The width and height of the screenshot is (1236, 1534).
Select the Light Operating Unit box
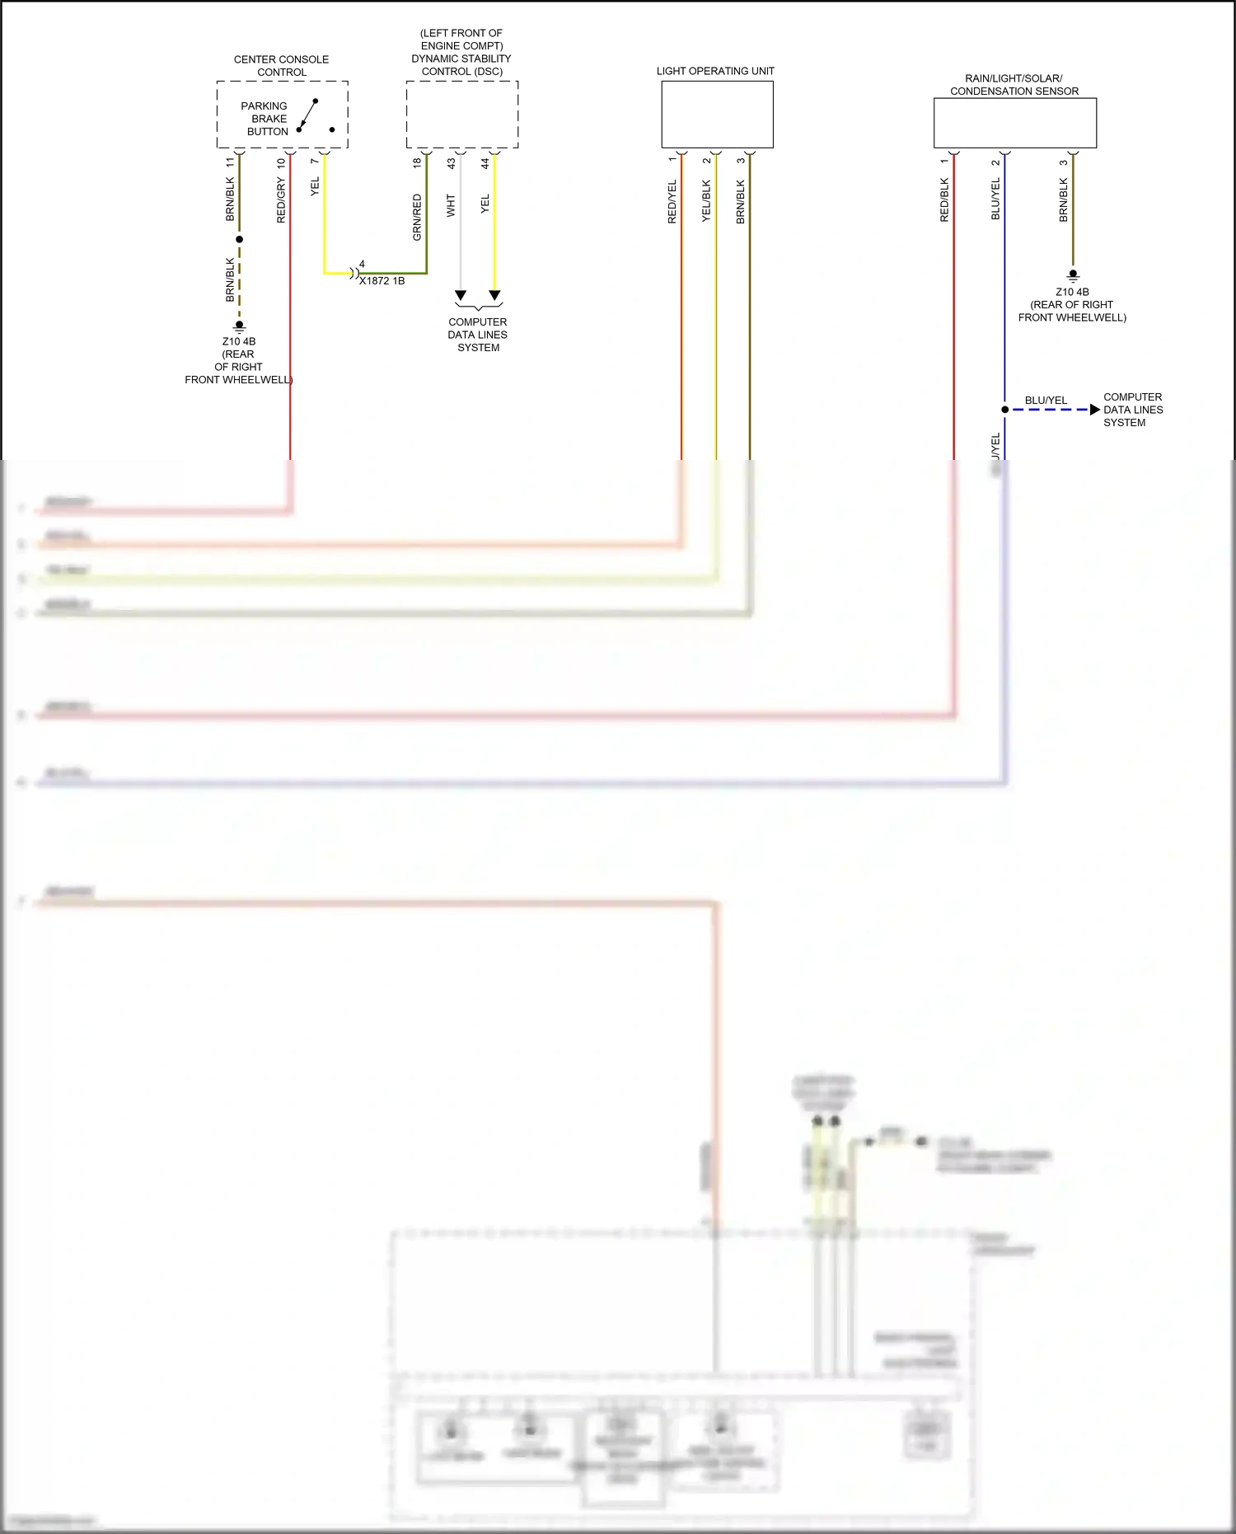[717, 114]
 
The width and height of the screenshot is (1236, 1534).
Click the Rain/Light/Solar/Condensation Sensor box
[1014, 123]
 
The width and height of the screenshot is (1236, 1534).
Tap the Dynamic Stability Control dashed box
[461, 114]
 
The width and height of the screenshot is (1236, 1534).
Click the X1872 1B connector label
[382, 281]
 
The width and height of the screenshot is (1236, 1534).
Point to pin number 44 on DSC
[485, 163]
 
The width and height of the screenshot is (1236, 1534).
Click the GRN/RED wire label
[417, 218]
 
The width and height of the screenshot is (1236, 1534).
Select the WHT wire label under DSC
[451, 205]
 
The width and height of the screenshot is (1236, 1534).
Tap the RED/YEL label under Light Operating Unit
[672, 202]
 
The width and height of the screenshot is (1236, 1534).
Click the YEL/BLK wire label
[706, 201]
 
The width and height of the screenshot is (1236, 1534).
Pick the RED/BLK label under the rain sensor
[944, 200]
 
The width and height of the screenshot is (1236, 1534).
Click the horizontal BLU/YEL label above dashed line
[1046, 401]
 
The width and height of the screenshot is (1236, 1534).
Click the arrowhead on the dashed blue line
[1094, 410]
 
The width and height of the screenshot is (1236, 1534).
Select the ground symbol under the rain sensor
[1073, 276]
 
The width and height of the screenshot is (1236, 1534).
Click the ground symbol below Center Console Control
[240, 326]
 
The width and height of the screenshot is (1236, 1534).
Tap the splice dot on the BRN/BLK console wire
[240, 239]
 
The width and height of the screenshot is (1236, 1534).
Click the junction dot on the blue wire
[1004, 410]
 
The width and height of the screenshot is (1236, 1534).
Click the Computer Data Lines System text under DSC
[478, 335]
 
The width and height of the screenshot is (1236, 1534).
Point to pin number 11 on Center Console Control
[230, 162]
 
